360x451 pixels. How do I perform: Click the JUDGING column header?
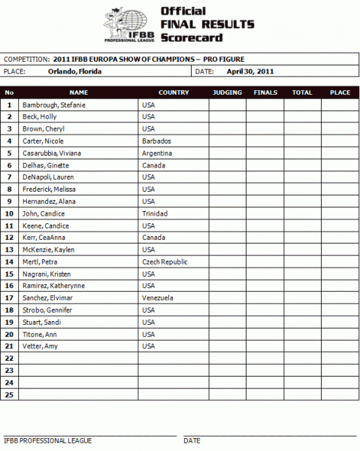(x=227, y=92)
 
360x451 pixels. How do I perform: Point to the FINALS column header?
(x=265, y=92)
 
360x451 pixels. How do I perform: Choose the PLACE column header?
(x=340, y=92)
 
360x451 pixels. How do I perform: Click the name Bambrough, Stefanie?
(x=54, y=105)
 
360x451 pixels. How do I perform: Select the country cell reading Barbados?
(x=156, y=141)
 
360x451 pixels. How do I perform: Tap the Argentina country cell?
(x=157, y=153)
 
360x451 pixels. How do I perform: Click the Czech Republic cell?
(x=165, y=262)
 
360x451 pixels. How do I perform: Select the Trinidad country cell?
(x=155, y=213)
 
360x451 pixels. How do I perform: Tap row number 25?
(x=10, y=394)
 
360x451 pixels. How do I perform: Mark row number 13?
(x=10, y=250)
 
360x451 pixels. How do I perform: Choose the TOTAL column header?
(x=302, y=92)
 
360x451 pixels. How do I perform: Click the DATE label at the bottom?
(x=192, y=440)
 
